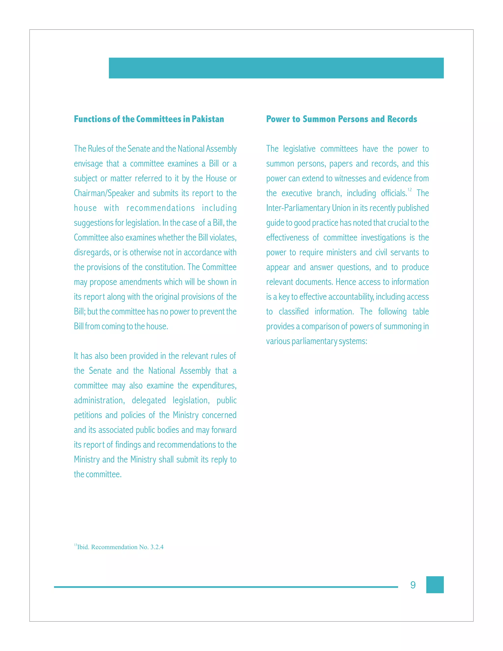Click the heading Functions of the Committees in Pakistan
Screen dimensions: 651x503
[149, 119]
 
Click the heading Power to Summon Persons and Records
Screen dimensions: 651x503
[341, 119]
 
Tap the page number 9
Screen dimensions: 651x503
[413, 585]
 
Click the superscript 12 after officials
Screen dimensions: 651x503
[409, 190]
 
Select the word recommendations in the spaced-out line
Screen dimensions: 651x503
[160, 208]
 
